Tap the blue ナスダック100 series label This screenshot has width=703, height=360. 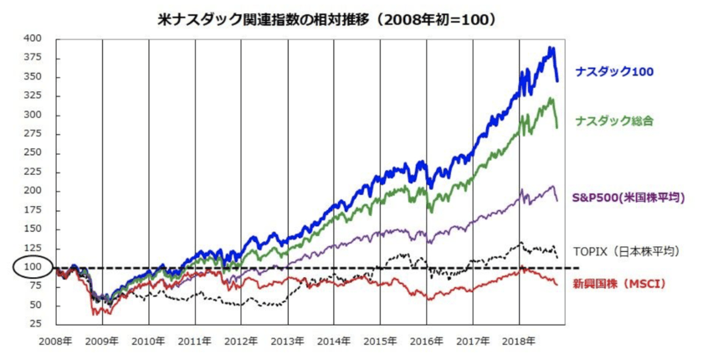coord(613,72)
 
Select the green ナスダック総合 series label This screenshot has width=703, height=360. coord(614,121)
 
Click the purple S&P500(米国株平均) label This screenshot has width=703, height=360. coord(629,198)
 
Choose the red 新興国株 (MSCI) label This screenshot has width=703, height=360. coord(619,284)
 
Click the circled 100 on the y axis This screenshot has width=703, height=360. coord(33,267)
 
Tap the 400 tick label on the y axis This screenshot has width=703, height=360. coord(33,39)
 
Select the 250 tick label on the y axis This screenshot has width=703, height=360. coord(33,152)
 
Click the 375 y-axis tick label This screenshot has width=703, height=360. coord(33,58)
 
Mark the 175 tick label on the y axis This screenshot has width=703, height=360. coord(33,210)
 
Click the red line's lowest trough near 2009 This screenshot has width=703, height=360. coord(96,314)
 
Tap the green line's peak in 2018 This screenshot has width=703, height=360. coord(551,99)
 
